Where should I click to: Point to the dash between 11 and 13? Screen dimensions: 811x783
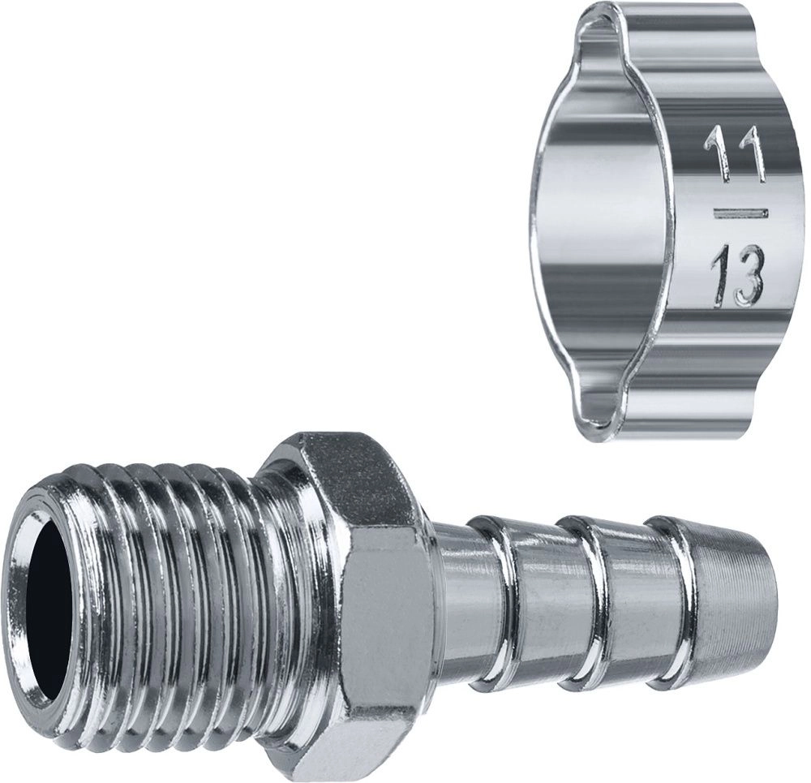pos(740,213)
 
